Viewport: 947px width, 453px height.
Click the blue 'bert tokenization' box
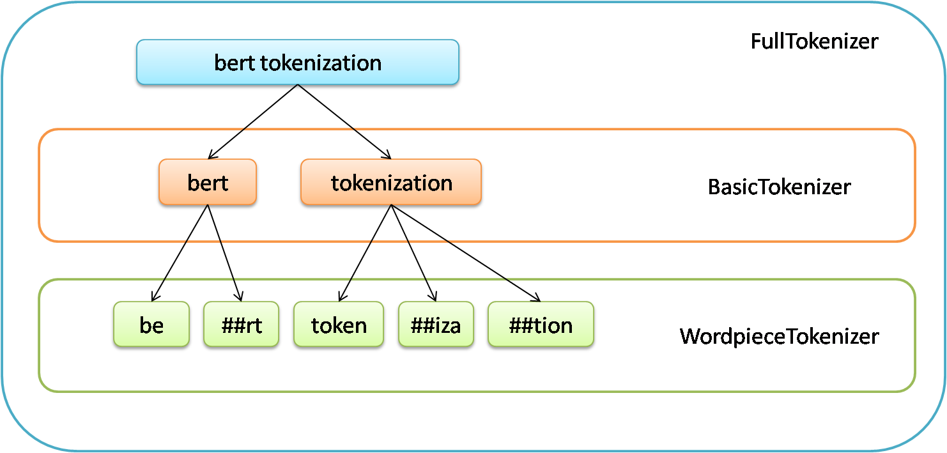tap(298, 62)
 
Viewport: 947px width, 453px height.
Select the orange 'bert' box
tap(208, 182)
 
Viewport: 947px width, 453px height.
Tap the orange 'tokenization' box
tap(391, 182)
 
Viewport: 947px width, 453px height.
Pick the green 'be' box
tap(151, 325)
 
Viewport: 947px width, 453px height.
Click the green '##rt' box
tap(242, 325)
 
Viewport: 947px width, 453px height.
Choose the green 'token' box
tap(339, 325)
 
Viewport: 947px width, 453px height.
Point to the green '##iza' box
tap(436, 325)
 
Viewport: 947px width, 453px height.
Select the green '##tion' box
tap(541, 325)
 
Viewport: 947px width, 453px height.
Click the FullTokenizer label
tap(814, 42)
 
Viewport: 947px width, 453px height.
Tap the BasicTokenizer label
tap(779, 187)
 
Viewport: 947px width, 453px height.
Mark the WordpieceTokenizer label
tap(779, 336)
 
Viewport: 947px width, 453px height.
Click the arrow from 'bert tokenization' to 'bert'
tap(253, 121)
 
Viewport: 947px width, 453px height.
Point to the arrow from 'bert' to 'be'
tap(180, 253)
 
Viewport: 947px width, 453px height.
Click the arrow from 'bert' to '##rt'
tap(224, 253)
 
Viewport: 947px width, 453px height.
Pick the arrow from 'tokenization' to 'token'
tap(365, 253)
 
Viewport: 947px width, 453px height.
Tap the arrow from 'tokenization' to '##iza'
tap(413, 253)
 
